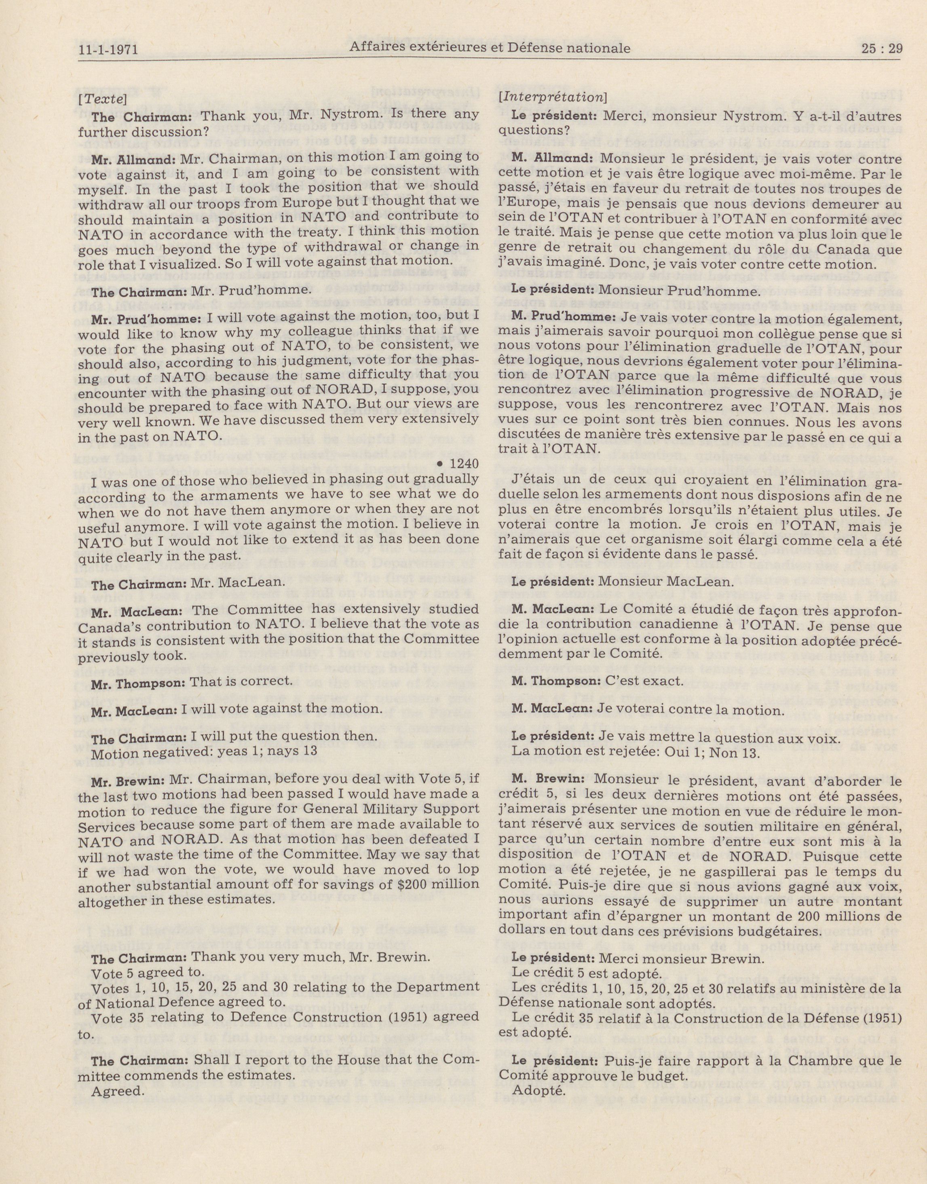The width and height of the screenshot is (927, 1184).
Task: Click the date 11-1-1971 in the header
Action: click(108, 51)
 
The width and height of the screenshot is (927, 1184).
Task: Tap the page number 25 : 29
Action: click(881, 49)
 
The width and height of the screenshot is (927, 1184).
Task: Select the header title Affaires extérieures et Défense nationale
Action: click(490, 48)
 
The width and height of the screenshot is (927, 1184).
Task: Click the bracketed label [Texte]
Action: click(103, 99)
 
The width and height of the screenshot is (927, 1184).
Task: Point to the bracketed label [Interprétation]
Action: click(552, 98)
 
